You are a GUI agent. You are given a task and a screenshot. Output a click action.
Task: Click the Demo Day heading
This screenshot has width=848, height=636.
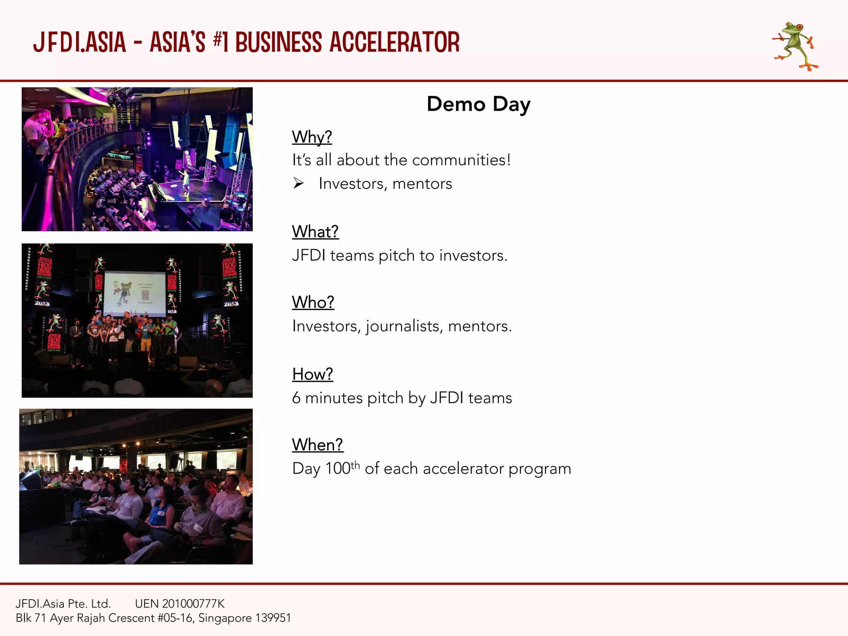pyautogui.click(x=478, y=104)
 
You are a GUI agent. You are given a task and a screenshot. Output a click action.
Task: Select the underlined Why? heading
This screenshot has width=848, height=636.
pyautogui.click(x=312, y=137)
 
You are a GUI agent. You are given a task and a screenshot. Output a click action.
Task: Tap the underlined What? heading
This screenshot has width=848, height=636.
pyautogui.click(x=315, y=231)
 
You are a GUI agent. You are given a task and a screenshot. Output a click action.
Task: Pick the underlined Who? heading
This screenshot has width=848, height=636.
pyautogui.click(x=313, y=302)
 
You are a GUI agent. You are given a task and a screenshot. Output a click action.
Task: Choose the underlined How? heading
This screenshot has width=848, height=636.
pyautogui.click(x=313, y=374)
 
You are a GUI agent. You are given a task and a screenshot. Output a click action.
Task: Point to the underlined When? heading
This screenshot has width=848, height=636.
pyautogui.click(x=318, y=445)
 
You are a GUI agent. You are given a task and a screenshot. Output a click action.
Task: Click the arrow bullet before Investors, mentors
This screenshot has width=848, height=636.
pyautogui.click(x=299, y=183)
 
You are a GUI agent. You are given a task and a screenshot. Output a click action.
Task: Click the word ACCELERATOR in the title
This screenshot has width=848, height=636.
pyautogui.click(x=394, y=43)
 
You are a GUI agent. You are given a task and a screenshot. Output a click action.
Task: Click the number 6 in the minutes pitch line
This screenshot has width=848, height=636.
pyautogui.click(x=296, y=398)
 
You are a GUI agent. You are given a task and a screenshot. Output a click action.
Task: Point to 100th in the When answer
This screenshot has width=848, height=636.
pyautogui.click(x=342, y=468)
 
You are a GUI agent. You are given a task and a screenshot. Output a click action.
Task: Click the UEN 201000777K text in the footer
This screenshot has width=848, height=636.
pyautogui.click(x=180, y=603)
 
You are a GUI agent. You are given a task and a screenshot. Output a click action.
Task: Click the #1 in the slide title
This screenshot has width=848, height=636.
pyautogui.click(x=221, y=43)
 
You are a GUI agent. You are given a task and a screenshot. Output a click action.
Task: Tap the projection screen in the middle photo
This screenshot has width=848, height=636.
pyautogui.click(x=135, y=293)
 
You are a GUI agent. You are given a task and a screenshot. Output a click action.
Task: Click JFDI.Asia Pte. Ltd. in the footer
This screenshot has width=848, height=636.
pyautogui.click(x=63, y=603)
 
